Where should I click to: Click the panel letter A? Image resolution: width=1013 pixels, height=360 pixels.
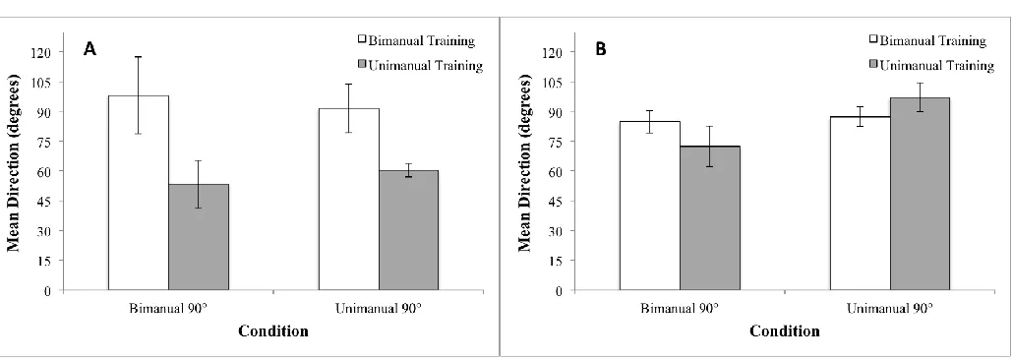[90, 50]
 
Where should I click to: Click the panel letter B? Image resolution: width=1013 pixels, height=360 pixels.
[601, 50]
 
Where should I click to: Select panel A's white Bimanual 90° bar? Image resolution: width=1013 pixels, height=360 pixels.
[139, 193]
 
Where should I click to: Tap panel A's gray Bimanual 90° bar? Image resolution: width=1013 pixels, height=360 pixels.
[199, 237]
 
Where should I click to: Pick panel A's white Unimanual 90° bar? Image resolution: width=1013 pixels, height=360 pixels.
[349, 199]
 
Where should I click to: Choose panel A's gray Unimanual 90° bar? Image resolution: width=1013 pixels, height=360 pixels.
[409, 230]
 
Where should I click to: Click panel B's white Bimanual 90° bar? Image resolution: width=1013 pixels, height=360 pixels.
[650, 206]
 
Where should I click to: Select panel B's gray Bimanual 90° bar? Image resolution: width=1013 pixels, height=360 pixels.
[710, 218]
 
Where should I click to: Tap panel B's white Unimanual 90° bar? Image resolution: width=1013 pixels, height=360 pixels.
[860, 203]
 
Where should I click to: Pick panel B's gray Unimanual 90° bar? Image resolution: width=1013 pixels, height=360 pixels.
[920, 194]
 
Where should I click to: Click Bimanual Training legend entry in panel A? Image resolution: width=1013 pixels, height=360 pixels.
[417, 41]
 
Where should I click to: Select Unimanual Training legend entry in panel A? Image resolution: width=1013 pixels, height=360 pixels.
[421, 65]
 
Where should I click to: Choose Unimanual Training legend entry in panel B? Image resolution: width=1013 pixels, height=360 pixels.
[931, 65]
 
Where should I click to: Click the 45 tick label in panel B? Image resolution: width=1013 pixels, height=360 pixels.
[560, 201]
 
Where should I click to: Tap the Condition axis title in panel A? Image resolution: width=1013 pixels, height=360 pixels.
[273, 331]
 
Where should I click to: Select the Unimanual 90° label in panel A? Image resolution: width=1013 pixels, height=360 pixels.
[379, 308]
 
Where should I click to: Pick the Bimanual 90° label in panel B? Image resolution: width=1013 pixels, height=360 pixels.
[679, 308]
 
